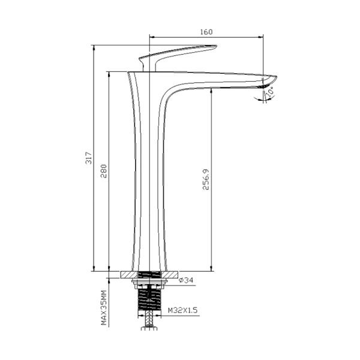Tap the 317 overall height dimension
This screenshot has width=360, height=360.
coord(89,158)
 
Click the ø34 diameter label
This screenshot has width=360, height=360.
coord(187,280)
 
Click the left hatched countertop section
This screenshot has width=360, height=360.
coord(128,275)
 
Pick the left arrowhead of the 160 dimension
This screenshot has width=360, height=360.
coord(151,37)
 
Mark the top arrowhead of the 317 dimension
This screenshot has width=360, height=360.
coord(94,47)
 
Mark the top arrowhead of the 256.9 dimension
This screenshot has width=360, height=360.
coord(212,90)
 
